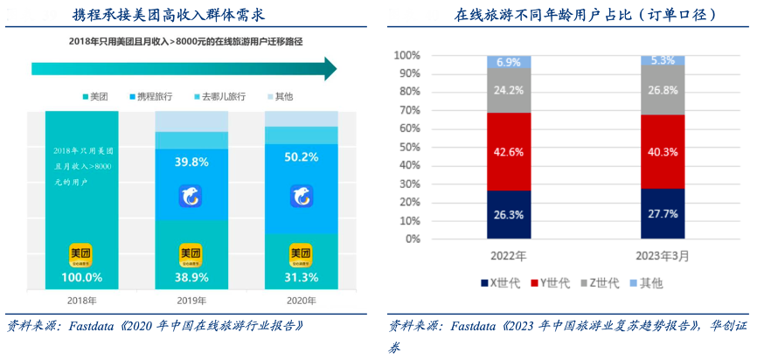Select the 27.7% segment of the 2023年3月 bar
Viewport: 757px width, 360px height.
663,213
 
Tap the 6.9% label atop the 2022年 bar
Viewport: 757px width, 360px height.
509,62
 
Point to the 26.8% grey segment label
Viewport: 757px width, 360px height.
663,90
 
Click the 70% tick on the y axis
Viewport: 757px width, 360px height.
407,111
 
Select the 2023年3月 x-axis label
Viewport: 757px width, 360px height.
663,257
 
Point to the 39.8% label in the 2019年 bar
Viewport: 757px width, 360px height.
191,162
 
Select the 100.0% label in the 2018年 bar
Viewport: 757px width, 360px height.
80,277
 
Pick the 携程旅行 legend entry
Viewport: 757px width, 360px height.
153,96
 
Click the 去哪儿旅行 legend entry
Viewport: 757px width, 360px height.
218,96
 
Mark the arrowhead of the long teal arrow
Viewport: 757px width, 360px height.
328,68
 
